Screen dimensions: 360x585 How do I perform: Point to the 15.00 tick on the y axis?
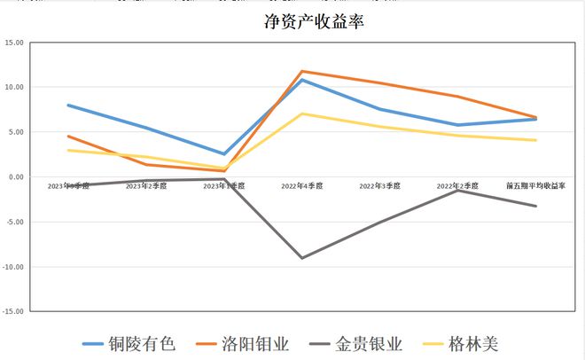click(x=13, y=43)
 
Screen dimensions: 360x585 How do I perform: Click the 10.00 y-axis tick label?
click(x=13, y=87)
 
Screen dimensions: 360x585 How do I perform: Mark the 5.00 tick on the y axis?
click(x=15, y=132)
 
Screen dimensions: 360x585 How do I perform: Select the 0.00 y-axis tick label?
click(x=15, y=177)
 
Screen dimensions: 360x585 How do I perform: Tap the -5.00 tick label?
click(x=14, y=222)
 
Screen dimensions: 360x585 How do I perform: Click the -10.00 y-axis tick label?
click(x=12, y=267)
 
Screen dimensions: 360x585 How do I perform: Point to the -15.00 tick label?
click(x=12, y=311)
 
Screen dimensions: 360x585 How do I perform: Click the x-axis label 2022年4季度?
click(x=302, y=187)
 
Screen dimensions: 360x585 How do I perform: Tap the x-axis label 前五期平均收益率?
click(x=535, y=187)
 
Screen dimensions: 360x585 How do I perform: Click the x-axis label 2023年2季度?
click(x=146, y=187)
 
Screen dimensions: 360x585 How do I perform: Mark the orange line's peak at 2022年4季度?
click(x=302, y=71)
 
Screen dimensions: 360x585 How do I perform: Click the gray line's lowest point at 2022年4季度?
click(x=302, y=258)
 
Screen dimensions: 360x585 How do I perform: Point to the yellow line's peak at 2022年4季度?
click(x=302, y=113)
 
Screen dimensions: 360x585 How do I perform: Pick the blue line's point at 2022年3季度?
click(x=380, y=109)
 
